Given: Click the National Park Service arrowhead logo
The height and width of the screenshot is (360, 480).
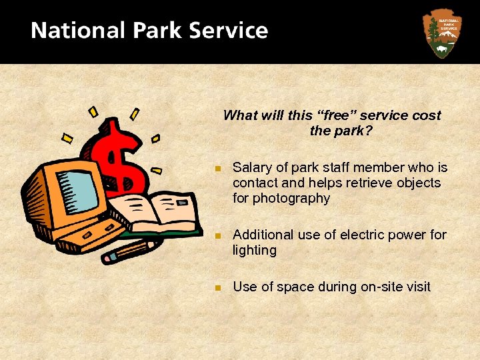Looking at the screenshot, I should (441, 33).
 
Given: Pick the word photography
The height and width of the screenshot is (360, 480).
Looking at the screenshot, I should (296, 198).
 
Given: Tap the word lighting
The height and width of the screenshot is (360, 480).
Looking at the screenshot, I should (254, 251).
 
